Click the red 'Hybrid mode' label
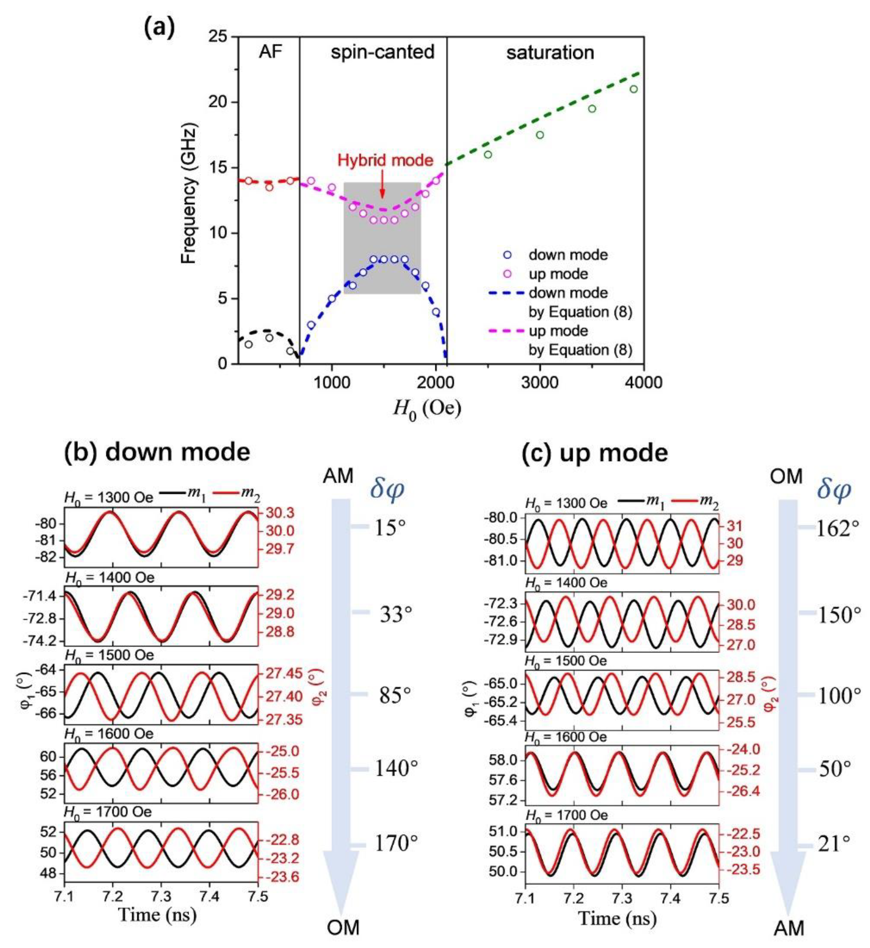pyautogui.click(x=385, y=160)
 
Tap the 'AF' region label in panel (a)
pyautogui.click(x=270, y=52)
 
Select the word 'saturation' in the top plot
pyautogui.click(x=550, y=52)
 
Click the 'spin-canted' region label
pyautogui.click(x=382, y=52)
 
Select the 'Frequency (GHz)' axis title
pyautogui.click(x=189, y=194)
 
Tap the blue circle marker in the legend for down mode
pyautogui.click(x=507, y=255)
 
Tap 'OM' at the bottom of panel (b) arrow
pyautogui.click(x=343, y=927)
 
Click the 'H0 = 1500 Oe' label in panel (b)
pyautogui.click(x=109, y=655)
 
